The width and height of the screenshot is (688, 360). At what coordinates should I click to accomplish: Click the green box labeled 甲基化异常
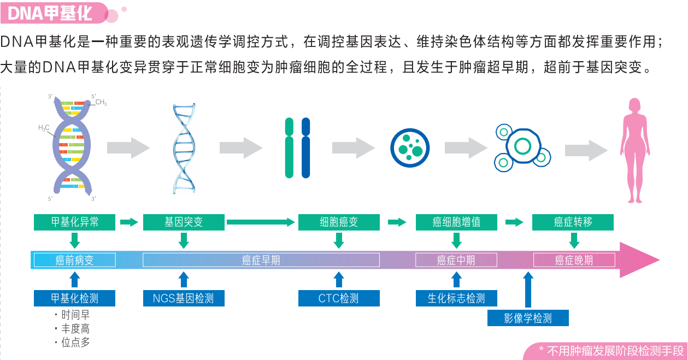point(75,222)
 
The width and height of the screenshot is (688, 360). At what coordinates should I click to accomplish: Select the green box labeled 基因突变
point(184,222)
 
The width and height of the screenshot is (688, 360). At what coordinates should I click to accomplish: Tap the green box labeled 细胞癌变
point(339,222)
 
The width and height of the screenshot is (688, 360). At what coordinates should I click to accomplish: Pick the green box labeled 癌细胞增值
point(456,222)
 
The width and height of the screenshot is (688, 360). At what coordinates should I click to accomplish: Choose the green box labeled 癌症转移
point(573,222)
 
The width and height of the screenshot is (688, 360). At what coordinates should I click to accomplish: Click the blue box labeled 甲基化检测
point(75,298)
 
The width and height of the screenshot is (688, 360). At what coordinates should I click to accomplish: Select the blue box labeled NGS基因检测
point(184,298)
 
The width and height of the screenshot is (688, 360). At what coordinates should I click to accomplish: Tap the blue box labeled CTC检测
point(339,298)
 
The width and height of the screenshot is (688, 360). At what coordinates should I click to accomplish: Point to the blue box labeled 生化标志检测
point(456,298)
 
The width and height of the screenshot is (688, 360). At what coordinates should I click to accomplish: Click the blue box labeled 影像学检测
point(528,318)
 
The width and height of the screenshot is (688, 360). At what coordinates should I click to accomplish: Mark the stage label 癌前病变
point(75,260)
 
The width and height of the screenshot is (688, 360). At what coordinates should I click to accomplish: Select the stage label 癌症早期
point(261,260)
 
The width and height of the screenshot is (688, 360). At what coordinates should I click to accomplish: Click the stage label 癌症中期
point(456,260)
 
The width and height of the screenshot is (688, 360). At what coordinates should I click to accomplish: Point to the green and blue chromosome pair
point(297,148)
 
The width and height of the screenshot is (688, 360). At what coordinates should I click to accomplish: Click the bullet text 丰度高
point(75,329)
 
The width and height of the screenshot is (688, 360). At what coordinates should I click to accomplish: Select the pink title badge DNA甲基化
point(52,13)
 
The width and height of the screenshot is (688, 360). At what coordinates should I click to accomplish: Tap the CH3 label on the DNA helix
point(101,102)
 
